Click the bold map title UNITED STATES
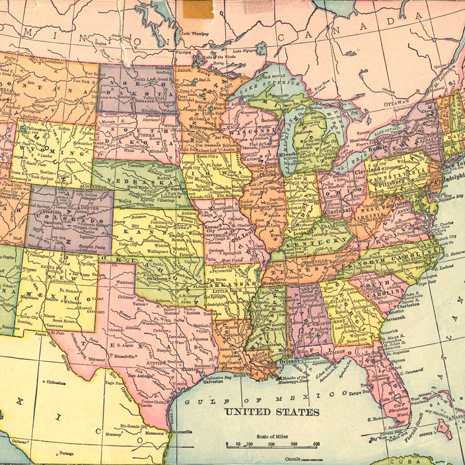coord(272,412)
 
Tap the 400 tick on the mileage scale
coord(316,444)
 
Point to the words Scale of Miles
coord(272,437)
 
